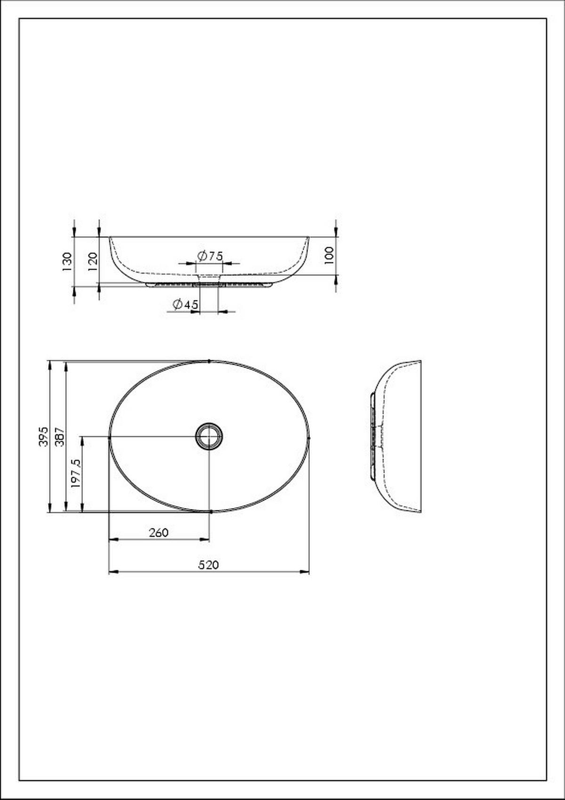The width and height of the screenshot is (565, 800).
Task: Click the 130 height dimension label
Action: click(67, 261)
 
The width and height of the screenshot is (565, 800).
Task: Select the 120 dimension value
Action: click(92, 261)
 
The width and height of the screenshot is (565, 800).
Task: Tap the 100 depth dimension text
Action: click(329, 255)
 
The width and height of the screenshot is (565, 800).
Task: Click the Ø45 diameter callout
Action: click(186, 304)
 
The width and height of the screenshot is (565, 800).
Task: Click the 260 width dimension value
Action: click(159, 533)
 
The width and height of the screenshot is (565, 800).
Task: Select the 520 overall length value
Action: click(208, 565)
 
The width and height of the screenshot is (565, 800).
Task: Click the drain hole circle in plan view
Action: click(209, 436)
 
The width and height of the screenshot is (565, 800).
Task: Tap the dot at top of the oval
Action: click(209, 361)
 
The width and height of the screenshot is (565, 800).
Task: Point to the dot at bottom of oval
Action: click(211, 511)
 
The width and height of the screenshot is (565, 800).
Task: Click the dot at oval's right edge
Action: click(309, 437)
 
